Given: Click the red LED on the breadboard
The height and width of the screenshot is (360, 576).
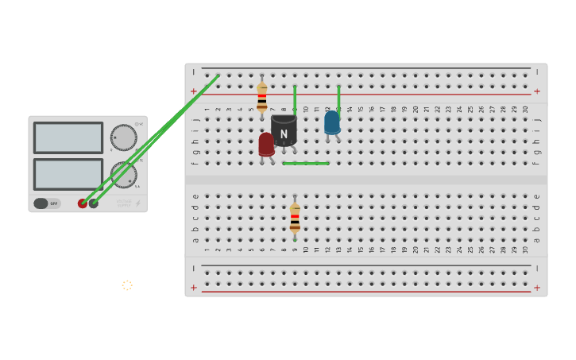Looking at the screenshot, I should (266, 144).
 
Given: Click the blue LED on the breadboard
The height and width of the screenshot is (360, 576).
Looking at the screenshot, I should (332, 122).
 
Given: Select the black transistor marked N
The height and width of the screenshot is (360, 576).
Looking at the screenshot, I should (284, 130).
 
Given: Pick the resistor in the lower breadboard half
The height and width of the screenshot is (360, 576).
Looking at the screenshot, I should (295, 217).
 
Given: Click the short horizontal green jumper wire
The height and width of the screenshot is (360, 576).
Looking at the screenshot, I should (306, 163).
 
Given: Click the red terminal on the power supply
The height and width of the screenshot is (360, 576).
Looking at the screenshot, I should (83, 203).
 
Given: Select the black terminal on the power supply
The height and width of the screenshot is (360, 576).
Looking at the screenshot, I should (94, 203).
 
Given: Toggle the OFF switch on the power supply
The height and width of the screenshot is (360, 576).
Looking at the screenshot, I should (47, 203).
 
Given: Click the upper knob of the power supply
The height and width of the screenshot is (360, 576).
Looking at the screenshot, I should (122, 137).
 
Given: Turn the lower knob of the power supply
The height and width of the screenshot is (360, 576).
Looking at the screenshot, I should (123, 175).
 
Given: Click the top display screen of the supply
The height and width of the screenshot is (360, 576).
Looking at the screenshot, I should (68, 137).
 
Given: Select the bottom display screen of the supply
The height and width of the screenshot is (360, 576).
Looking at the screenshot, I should (68, 174).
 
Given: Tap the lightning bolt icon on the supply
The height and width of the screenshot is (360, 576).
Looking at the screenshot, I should (137, 203).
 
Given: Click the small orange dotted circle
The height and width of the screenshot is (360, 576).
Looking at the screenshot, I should (127, 285).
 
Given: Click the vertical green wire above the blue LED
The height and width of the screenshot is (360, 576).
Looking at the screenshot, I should (338, 98).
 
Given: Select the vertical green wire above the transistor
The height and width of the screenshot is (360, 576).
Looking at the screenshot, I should (295, 99).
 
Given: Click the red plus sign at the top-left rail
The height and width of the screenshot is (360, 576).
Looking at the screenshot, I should (193, 91).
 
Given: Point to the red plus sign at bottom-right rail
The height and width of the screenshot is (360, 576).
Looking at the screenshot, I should (537, 288).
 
